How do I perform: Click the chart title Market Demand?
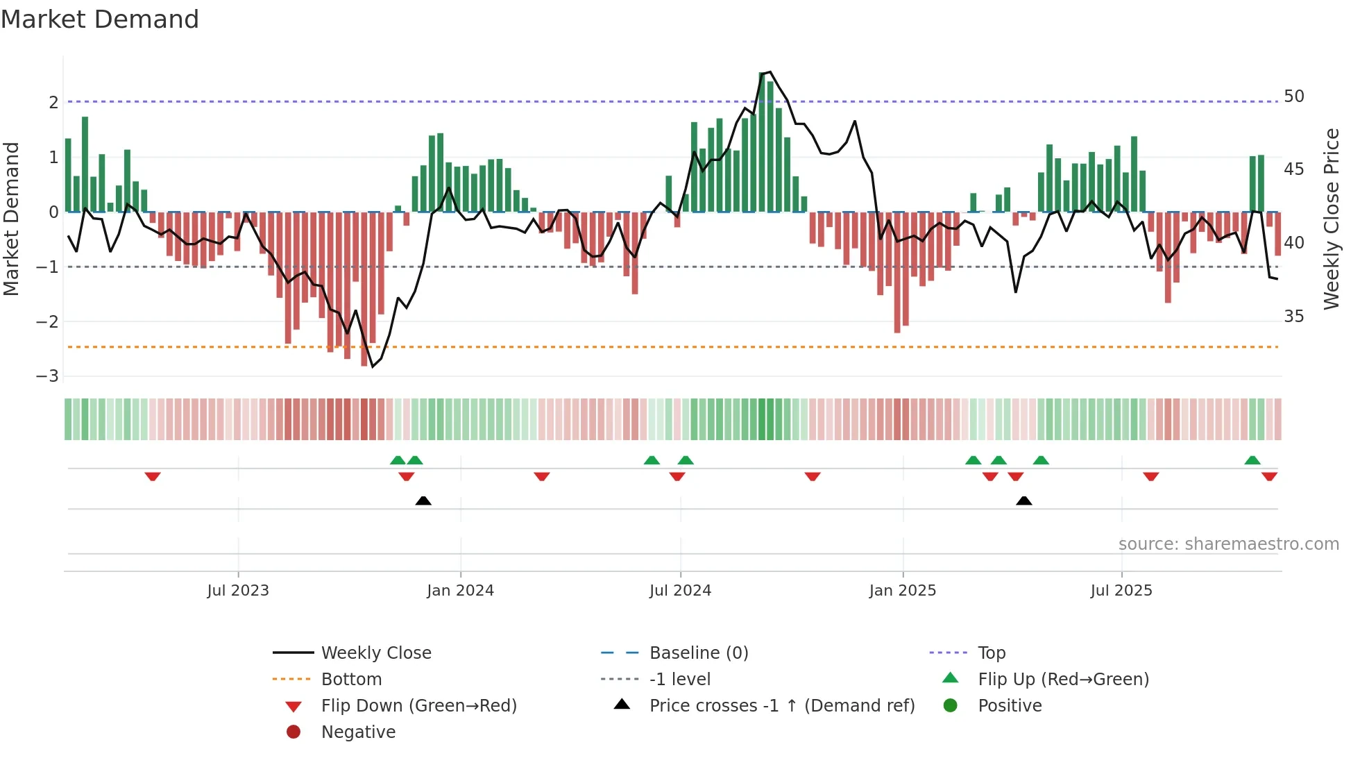100,19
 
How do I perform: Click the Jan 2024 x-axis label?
460,591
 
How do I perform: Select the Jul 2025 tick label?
1121,591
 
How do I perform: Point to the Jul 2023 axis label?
237,591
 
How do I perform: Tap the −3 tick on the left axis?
47,376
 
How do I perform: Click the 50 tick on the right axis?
1293,96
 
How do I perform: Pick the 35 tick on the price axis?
1293,317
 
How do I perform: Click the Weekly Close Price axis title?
1331,219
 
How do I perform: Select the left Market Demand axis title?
12,219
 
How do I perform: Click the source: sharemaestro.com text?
1228,544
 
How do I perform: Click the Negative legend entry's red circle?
294,732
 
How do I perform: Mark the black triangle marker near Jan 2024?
423,501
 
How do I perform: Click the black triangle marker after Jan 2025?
1023,501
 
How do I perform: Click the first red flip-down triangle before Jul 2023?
153,476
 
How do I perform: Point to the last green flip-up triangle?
1252,460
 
